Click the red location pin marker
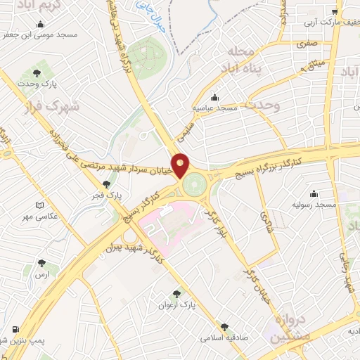click(181, 165)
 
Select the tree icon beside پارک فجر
click(106, 184)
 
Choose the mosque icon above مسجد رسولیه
click(314, 193)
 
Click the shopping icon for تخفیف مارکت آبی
click(336, 11)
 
